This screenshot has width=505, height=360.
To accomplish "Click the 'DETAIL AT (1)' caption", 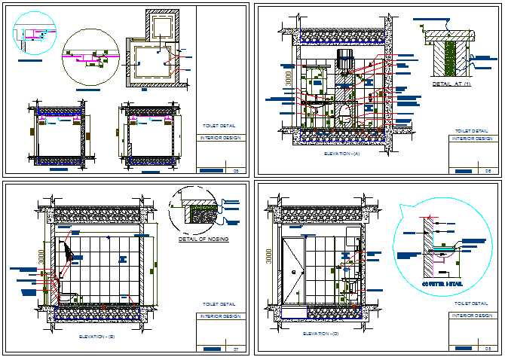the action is [x=451, y=84].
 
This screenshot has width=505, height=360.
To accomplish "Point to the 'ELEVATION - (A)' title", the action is [x=341, y=154].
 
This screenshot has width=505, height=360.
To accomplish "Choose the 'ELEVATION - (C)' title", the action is [x=320, y=332].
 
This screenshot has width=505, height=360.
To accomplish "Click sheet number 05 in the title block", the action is [x=236, y=172].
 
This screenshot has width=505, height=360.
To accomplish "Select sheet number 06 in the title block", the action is [x=488, y=172].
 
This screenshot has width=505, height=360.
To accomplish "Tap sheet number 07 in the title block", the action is [x=236, y=349].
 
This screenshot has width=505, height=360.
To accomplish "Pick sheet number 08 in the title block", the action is [x=488, y=348].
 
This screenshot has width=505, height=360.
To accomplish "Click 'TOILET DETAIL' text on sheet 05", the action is [x=219, y=127].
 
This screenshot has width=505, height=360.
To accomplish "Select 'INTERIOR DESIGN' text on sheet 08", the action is [x=470, y=316].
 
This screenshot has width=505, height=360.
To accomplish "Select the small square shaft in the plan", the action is [x=162, y=27].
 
